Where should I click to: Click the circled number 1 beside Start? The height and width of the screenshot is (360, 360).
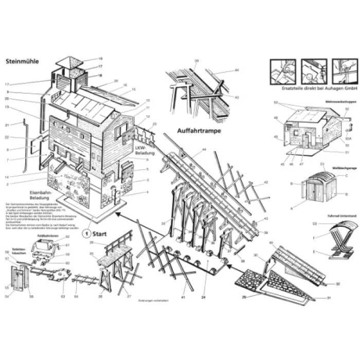87,231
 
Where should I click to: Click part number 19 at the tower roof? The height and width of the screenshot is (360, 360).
101,59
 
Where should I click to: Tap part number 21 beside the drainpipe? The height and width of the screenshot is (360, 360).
7,125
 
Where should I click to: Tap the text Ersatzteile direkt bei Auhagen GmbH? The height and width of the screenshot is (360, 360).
313,88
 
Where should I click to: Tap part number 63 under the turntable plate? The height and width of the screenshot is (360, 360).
63,297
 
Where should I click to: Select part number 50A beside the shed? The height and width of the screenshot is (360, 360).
348,139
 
